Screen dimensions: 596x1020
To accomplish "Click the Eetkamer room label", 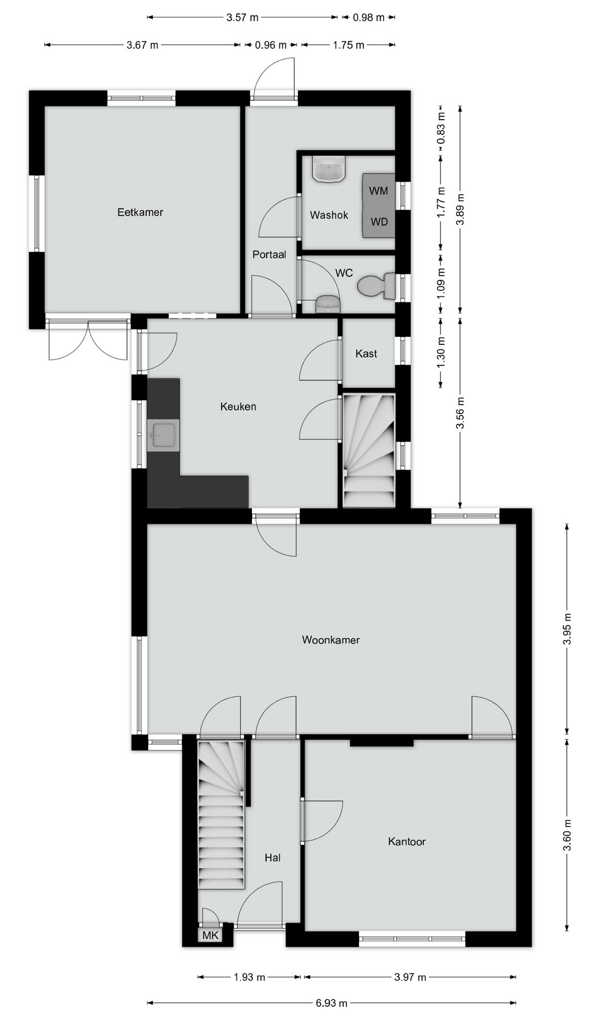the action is [140, 212].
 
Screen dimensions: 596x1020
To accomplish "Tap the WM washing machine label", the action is [378, 191].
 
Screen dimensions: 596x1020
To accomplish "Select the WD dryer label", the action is [379, 222].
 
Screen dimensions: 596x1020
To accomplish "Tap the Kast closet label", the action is [366, 353].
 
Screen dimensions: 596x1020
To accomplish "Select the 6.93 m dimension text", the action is [331, 1003].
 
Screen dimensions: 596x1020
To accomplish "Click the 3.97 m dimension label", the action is [411, 977].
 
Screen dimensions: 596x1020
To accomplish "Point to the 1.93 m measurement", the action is [249, 977].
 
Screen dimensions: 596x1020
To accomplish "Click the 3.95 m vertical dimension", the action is [567, 629].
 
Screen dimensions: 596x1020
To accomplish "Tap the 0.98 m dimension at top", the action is [368, 18].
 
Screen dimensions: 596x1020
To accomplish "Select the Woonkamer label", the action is [330, 640].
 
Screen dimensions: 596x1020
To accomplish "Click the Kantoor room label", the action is [406, 841].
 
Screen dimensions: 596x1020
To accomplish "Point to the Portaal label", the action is [269, 254].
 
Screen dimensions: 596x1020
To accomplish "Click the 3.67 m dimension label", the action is [142, 45].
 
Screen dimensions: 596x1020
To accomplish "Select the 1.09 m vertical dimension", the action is [441, 282].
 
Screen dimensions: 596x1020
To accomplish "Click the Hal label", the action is [273, 857].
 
